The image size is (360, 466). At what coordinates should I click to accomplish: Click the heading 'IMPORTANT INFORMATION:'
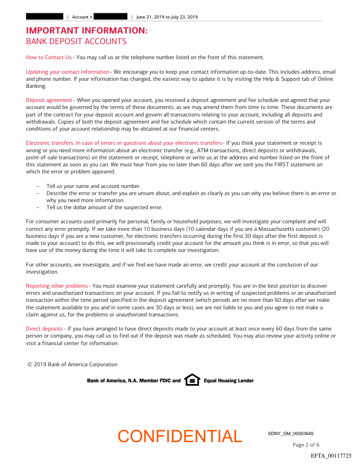86,31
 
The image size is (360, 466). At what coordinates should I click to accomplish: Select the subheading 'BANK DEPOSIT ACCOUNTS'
76,41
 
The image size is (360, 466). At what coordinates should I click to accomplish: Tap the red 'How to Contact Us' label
49,57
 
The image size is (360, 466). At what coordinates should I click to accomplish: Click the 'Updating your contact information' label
67,72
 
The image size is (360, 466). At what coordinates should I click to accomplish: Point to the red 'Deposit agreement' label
49,101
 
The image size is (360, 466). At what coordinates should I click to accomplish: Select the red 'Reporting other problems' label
57,286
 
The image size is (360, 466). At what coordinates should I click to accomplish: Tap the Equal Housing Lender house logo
192,380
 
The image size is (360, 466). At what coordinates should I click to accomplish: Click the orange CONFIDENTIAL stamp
180,436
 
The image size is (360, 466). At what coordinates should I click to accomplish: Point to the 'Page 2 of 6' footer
306,445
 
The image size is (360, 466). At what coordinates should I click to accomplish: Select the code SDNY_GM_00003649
291,434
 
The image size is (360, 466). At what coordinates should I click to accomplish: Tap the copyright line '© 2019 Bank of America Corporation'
73,365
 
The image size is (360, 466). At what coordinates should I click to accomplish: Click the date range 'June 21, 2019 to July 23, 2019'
167,17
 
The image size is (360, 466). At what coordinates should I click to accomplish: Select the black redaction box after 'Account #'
111,17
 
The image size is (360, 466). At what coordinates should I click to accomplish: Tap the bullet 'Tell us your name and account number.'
94,186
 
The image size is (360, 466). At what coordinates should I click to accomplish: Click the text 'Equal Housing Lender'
229,380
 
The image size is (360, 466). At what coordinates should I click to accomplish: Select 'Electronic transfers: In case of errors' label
124,143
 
